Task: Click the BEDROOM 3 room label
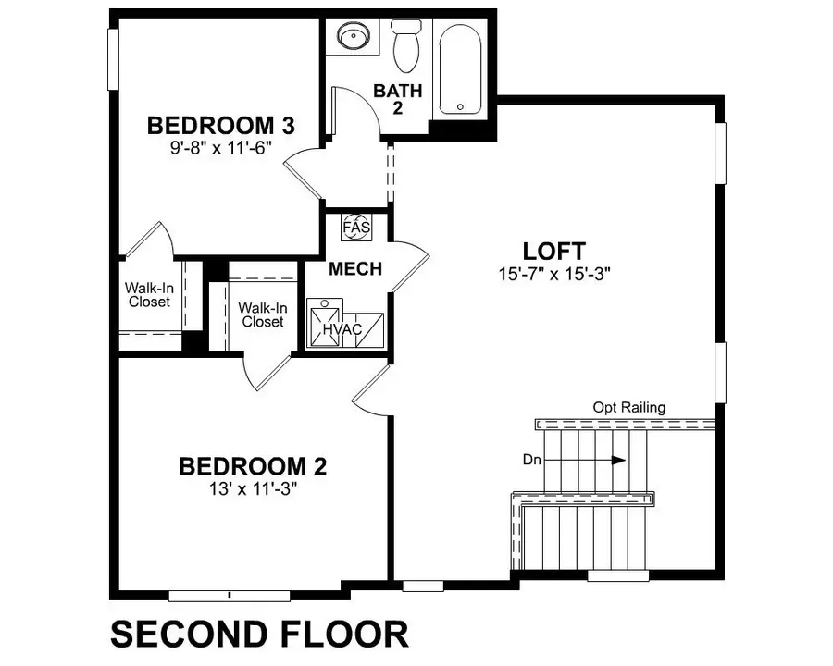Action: [x=221, y=125]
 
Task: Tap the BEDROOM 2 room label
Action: [x=253, y=466]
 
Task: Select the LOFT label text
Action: [x=553, y=251]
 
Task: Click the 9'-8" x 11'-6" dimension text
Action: [x=221, y=147]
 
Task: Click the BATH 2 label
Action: [x=397, y=99]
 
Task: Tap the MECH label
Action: [x=355, y=269]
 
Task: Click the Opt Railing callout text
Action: [x=629, y=407]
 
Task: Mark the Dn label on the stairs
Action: [x=558, y=460]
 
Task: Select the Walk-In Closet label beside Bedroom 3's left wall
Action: [x=149, y=294]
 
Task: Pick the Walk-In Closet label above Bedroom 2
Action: [x=261, y=314]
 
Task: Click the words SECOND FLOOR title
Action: [x=259, y=635]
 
